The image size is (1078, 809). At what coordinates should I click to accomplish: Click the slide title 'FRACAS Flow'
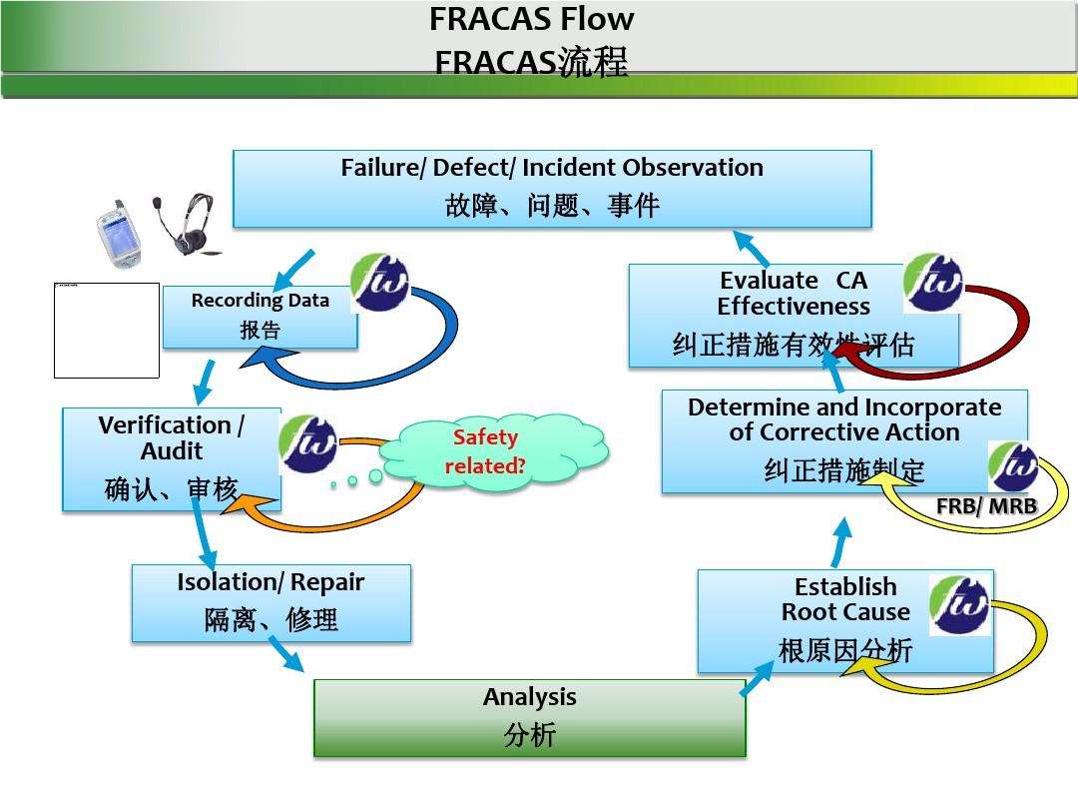531,19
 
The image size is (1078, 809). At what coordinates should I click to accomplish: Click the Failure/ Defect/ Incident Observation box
552,189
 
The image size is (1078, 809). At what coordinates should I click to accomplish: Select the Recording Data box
260,317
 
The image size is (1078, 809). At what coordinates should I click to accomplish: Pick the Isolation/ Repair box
270,602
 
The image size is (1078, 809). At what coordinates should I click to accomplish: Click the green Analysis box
529,718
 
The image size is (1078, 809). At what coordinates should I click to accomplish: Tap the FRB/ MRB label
985,507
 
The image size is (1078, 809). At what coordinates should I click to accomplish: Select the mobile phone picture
117,237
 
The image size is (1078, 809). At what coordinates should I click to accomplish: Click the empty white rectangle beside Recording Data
107,331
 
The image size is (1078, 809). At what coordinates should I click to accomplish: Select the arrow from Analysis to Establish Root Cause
757,678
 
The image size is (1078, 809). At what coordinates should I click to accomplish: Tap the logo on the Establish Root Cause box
959,604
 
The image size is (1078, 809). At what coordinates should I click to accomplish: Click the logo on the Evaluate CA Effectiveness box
933,283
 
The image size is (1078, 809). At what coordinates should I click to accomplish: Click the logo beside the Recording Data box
381,283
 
